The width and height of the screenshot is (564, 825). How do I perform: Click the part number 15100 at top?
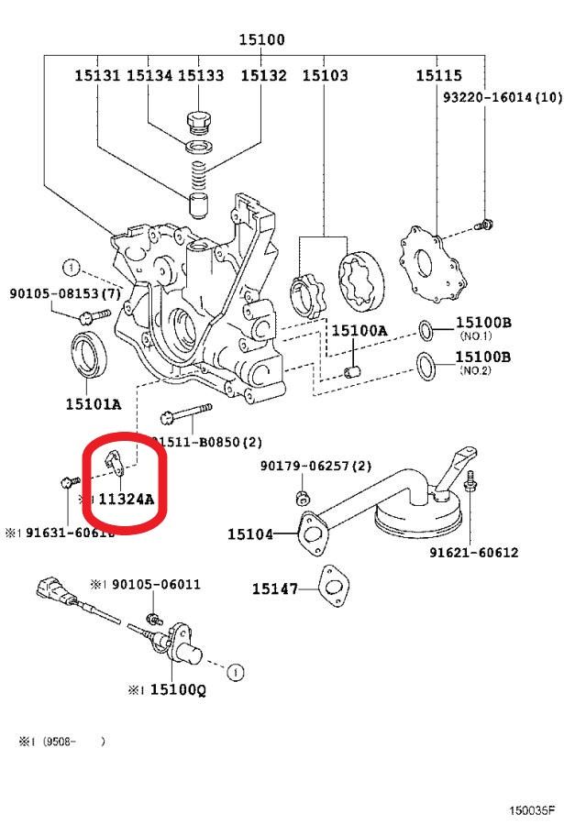click(261, 39)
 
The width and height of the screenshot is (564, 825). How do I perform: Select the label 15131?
click(96, 76)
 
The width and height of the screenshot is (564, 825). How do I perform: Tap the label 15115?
click(437, 76)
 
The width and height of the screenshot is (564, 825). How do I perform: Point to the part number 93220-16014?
click(503, 96)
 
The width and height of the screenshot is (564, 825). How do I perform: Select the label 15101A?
click(93, 402)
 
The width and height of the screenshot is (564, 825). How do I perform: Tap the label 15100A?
click(359, 331)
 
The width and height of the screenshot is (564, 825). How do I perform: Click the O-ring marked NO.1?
click(427, 329)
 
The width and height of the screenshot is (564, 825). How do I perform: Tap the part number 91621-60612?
click(473, 553)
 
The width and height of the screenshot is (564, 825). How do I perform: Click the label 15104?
click(250, 533)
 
